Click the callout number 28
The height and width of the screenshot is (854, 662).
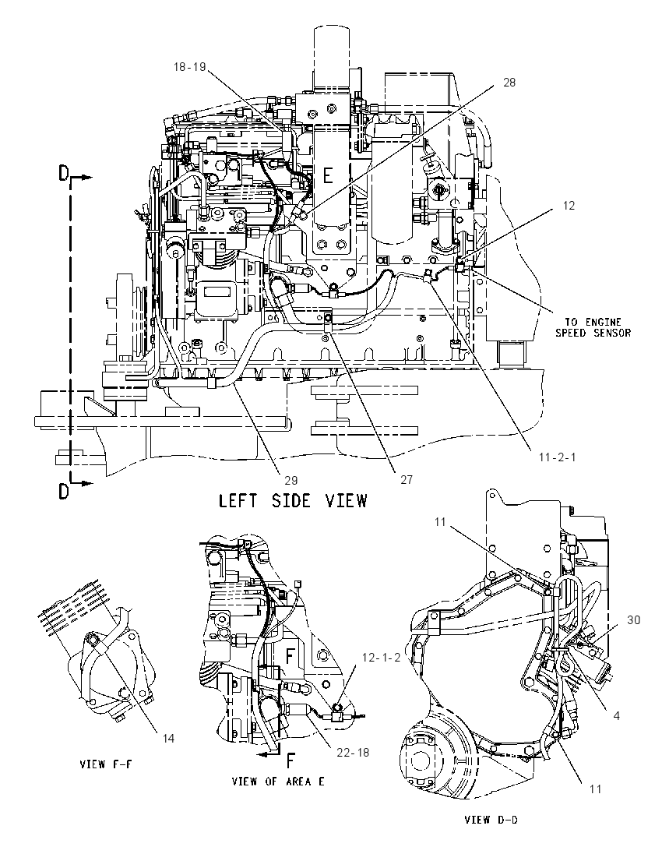tap(509, 83)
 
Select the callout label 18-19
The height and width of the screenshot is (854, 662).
tap(189, 66)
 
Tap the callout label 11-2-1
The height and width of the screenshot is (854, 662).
tap(557, 457)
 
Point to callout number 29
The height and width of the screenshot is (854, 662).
tap(291, 480)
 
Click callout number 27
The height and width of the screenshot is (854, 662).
tap(406, 479)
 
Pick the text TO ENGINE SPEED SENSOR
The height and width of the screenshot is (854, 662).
tap(593, 327)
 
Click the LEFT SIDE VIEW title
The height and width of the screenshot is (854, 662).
tap(293, 500)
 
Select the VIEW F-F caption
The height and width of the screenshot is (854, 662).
tap(106, 764)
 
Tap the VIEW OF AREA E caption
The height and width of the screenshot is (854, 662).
tap(277, 782)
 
